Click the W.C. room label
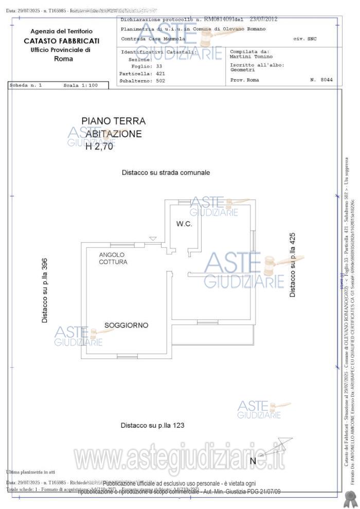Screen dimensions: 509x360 [184, 224]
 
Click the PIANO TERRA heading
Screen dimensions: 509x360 [113, 121]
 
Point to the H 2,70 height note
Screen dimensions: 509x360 [99, 146]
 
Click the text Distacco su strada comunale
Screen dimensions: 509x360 [166, 173]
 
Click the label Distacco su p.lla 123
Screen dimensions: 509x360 [152, 425]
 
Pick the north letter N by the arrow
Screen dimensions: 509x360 [253, 461]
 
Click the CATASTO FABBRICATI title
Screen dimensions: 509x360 [62, 41]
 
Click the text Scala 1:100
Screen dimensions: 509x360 [80, 85]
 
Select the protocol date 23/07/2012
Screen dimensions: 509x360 [263, 19]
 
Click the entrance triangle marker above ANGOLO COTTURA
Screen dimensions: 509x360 [152, 238]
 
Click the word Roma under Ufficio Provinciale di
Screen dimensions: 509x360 [63, 59]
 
